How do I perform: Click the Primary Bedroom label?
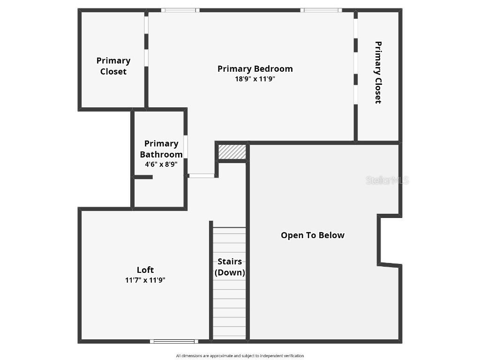(x=255, y=69)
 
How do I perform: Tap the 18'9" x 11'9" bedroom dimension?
(x=255, y=79)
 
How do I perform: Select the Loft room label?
(x=145, y=270)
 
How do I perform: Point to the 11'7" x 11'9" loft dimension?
(x=145, y=280)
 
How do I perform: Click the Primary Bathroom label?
(x=161, y=149)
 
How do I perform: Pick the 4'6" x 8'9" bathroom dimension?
(x=161, y=165)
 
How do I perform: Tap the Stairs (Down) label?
(x=230, y=267)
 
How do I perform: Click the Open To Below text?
(x=313, y=235)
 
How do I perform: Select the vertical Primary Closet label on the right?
(x=378, y=73)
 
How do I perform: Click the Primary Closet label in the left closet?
(x=113, y=66)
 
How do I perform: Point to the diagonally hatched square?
(x=232, y=152)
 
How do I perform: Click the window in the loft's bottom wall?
(x=174, y=341)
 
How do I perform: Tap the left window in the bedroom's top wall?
(x=180, y=10)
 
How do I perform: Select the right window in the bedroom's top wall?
(x=321, y=10)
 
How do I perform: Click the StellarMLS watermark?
(x=387, y=180)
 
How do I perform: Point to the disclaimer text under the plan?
(x=240, y=356)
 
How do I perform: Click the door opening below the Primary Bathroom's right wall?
(x=201, y=176)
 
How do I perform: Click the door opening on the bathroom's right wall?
(x=186, y=147)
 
